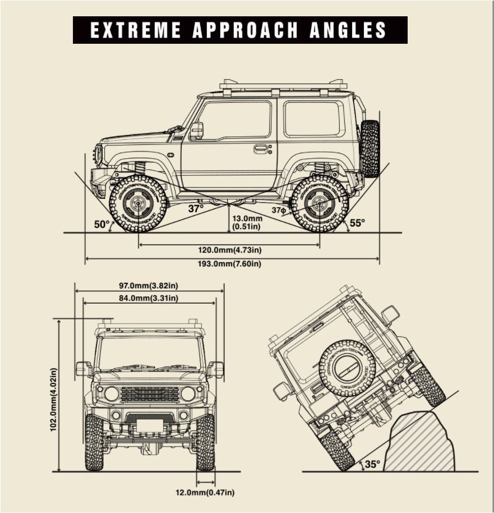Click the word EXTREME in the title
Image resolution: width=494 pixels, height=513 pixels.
point(136,30)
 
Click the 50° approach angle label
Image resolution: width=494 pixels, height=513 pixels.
point(102,225)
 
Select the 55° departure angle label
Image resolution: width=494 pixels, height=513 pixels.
point(357,223)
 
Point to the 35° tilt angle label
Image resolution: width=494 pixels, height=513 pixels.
point(372,464)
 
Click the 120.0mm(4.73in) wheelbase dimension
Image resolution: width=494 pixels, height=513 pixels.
point(229,250)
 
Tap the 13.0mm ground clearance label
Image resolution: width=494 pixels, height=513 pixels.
point(247,218)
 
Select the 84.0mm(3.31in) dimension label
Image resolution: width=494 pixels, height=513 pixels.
point(149,298)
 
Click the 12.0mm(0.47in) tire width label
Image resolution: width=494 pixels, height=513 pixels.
point(205,493)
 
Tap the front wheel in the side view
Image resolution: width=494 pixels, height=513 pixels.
point(138,203)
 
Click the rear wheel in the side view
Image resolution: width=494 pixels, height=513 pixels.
point(320,203)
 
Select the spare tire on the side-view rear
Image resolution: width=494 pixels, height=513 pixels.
point(370,148)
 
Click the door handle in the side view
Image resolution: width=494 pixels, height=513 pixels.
point(261,149)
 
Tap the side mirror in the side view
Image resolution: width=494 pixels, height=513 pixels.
point(196,130)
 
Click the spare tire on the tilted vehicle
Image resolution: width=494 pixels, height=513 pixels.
point(348,368)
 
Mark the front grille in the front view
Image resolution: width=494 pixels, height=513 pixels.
point(150,394)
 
